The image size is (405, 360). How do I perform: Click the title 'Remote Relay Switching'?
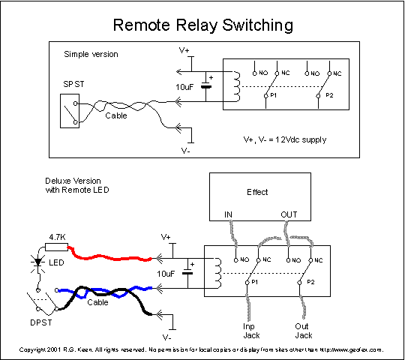click(203, 25)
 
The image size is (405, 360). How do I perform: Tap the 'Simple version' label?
click(91, 54)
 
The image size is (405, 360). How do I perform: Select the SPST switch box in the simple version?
click(70, 111)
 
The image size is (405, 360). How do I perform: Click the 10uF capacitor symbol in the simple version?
click(206, 86)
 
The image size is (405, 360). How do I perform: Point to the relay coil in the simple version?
click(237, 86)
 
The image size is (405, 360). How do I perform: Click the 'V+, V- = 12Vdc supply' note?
click(285, 139)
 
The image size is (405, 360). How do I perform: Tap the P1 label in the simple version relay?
click(274, 95)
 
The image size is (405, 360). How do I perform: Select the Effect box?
click(260, 196)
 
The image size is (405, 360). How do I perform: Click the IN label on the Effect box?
click(228, 214)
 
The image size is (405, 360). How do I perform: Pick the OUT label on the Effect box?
click(289, 214)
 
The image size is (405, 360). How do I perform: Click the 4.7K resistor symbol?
click(56, 247)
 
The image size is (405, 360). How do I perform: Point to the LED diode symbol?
click(38, 262)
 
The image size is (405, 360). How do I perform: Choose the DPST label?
click(41, 322)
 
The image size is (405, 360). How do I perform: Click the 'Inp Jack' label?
click(251, 331)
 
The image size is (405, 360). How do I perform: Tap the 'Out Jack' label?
click(304, 331)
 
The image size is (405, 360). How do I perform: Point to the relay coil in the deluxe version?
click(218, 273)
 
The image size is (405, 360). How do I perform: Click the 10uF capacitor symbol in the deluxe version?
click(187, 273)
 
